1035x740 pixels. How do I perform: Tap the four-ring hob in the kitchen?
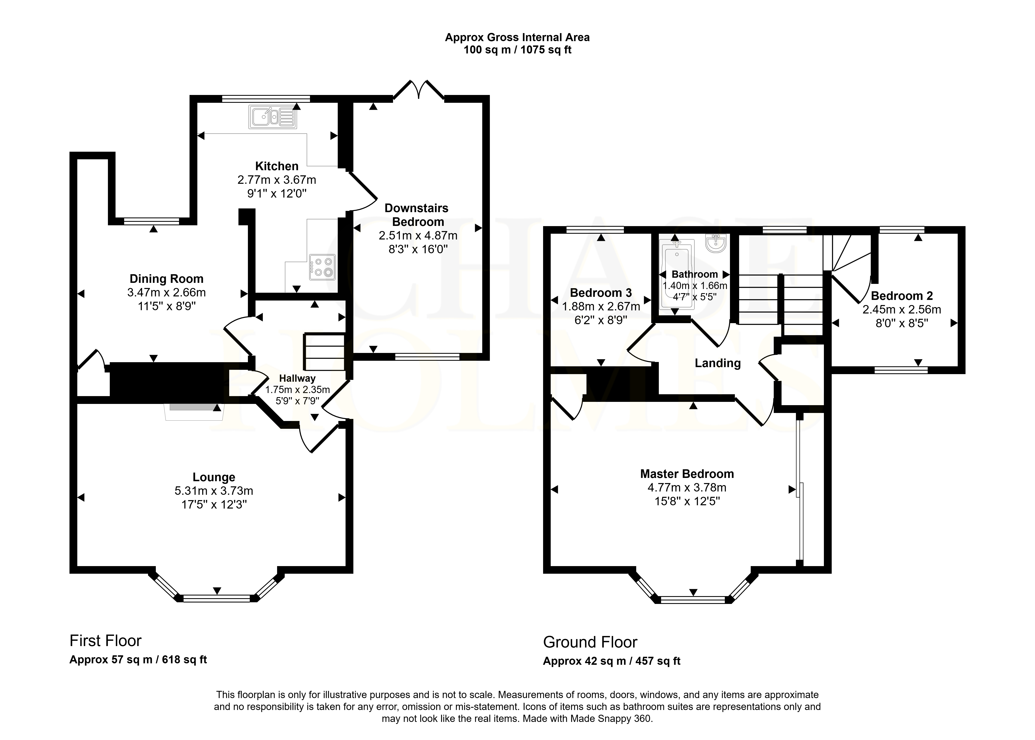pyautogui.click(x=322, y=267)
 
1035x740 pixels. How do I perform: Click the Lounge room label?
pyautogui.click(x=214, y=477)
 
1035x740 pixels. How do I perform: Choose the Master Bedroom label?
pyautogui.click(x=687, y=474)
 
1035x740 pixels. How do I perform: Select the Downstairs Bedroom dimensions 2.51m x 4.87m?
pyautogui.click(x=418, y=236)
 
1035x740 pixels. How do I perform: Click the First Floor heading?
pyautogui.click(x=105, y=641)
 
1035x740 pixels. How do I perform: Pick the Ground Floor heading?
pyautogui.click(x=590, y=642)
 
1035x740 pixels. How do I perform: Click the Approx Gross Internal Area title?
pyautogui.click(x=517, y=37)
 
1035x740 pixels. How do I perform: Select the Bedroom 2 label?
pyautogui.click(x=902, y=296)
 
